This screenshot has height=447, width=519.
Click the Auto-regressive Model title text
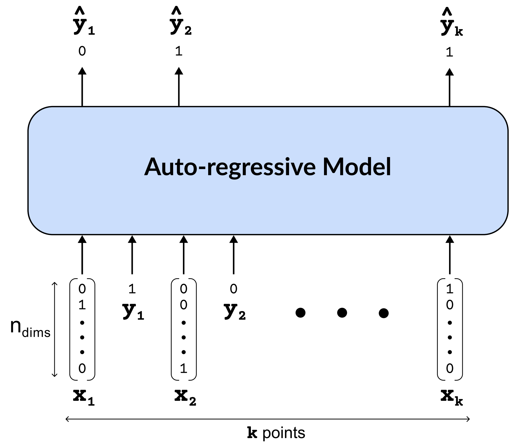[267, 167]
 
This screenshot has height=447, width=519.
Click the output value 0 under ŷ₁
[82, 52]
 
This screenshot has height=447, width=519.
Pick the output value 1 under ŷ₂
[179, 52]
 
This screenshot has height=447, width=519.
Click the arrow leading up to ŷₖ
[449, 87]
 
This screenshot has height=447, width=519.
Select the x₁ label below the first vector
[83, 397]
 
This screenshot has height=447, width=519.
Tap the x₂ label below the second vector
[185, 397]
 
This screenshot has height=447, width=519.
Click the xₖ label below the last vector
[451, 397]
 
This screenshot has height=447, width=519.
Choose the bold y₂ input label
[235, 311]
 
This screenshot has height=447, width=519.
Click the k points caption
[276, 433]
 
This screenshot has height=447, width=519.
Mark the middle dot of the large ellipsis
[342, 313]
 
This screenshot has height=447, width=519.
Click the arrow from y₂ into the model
[233, 254]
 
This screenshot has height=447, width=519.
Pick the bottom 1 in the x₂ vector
[184, 368]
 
